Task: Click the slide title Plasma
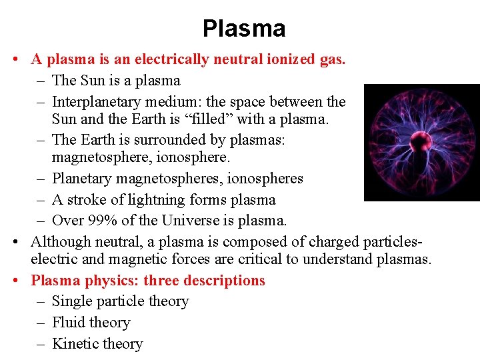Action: coord(244,29)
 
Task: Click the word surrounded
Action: coord(163,139)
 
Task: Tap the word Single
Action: coord(72,301)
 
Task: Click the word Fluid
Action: coord(69,323)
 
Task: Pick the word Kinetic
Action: coord(75,344)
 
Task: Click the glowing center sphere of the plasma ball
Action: coord(421,141)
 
